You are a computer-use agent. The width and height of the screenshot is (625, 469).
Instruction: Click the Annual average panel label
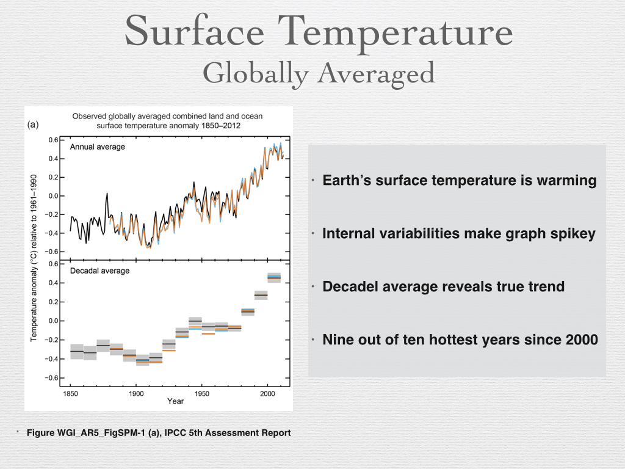[x=97, y=147]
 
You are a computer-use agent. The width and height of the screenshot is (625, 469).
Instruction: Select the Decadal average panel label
[x=99, y=271]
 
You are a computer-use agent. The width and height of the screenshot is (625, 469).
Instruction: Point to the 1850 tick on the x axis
[x=70, y=394]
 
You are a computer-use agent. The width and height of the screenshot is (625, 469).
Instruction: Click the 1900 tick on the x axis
[x=135, y=394]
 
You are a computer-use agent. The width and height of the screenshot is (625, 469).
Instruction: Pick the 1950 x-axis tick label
[x=201, y=394]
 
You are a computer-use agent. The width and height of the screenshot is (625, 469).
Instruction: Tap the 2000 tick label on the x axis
[x=267, y=394]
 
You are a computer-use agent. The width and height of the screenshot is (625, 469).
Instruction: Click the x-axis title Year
[x=176, y=402]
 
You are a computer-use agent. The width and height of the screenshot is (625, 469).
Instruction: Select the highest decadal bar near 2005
[x=274, y=277]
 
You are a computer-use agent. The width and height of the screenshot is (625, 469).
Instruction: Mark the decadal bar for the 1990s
[x=261, y=295]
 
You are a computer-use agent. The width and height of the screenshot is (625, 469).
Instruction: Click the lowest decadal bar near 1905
[x=142, y=360]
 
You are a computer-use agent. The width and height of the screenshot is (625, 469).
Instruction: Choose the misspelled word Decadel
[x=350, y=286]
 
